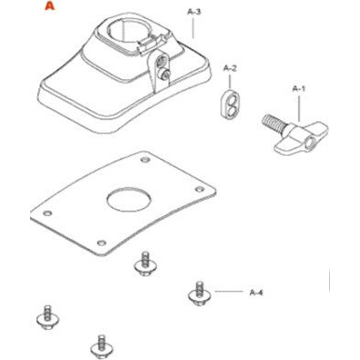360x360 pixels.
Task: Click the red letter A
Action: pyautogui.click(x=50, y=6)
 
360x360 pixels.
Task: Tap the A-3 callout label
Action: pyautogui.click(x=194, y=12)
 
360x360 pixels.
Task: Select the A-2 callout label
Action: pyautogui.click(x=230, y=68)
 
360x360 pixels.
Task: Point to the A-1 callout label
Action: pyautogui.click(x=299, y=89)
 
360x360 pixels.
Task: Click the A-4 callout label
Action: pyautogui.click(x=256, y=293)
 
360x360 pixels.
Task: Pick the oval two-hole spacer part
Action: pyautogui.click(x=230, y=104)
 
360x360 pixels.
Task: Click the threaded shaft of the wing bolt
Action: pyautogui.click(x=273, y=124)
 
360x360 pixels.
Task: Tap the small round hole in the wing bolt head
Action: pyautogui.click(x=310, y=143)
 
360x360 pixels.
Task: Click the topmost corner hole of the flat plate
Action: pyautogui.click(x=145, y=159)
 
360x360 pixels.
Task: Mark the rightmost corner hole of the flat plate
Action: pyautogui.click(x=199, y=190)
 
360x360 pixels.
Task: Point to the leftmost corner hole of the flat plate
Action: pyautogui.click(x=47, y=213)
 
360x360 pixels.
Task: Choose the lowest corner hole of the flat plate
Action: pyautogui.click(x=101, y=242)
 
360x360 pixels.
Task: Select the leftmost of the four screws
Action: pyautogui.click(x=48, y=316)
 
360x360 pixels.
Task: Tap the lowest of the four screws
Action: pyautogui.click(x=102, y=346)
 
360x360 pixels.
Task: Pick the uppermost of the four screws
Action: pyautogui.click(x=146, y=263)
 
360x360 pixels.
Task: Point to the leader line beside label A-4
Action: pyautogui.click(x=229, y=292)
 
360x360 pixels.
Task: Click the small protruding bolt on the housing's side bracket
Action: pyautogui.click(x=165, y=74)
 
